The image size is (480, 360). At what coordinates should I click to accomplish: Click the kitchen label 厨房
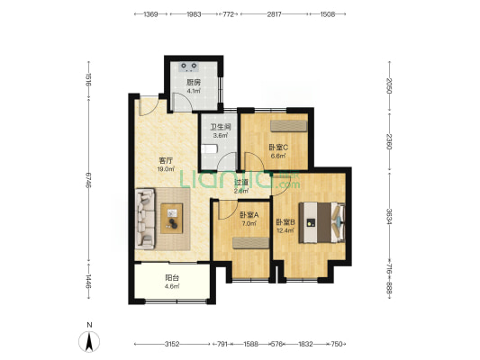click(194, 82)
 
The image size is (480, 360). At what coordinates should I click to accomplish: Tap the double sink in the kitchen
click(189, 67)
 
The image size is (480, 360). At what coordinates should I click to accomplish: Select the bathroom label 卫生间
click(220, 127)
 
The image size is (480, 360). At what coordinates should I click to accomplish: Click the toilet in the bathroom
click(210, 149)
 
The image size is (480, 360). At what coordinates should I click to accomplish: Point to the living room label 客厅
click(167, 160)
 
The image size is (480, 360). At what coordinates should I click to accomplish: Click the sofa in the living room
click(145, 219)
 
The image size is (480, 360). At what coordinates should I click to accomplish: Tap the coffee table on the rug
click(172, 219)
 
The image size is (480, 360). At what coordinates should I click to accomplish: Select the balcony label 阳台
click(172, 278)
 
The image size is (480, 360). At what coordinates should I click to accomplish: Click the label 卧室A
click(249, 215)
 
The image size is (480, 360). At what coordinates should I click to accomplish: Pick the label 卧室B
click(285, 222)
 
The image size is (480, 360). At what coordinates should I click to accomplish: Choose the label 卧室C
click(278, 148)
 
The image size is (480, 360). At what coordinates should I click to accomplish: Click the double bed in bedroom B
click(322, 222)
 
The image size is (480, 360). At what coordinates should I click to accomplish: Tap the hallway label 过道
click(241, 183)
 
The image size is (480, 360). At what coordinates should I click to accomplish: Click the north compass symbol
click(89, 341)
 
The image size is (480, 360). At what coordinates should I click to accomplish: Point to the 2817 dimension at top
click(274, 14)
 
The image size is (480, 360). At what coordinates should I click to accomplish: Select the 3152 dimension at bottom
click(172, 344)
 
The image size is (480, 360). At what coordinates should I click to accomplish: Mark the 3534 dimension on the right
click(389, 217)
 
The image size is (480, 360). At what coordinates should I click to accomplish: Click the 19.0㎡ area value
click(167, 169)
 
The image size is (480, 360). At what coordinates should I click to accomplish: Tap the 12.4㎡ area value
click(285, 230)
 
